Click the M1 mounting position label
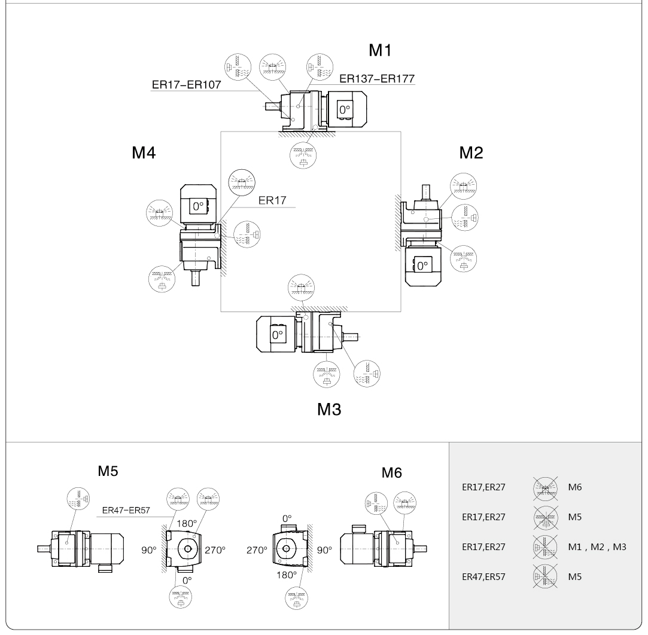[x=380, y=51]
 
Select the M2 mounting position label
[x=471, y=153]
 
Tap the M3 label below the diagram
[x=329, y=410]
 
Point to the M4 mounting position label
[x=144, y=153]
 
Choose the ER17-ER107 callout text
[x=185, y=86]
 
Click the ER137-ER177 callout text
[x=377, y=78]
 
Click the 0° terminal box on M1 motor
[x=345, y=110]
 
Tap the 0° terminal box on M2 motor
[x=423, y=265]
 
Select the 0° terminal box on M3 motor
[x=278, y=335]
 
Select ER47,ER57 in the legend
[x=483, y=577]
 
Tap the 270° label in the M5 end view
[x=215, y=549]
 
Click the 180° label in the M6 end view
[x=287, y=575]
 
